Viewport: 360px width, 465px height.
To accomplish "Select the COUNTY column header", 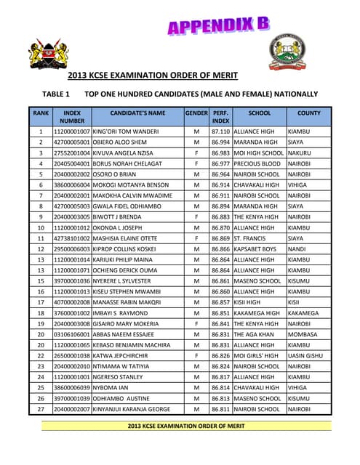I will click(x=309, y=113).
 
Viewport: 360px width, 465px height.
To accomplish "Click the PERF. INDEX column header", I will click(x=220, y=117).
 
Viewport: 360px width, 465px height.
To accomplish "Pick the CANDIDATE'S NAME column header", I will click(x=137, y=113).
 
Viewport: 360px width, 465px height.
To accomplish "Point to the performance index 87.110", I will click(x=220, y=132).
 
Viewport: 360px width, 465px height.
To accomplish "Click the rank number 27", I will click(x=41, y=410).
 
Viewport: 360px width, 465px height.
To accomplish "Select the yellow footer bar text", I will click(x=186, y=426).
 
